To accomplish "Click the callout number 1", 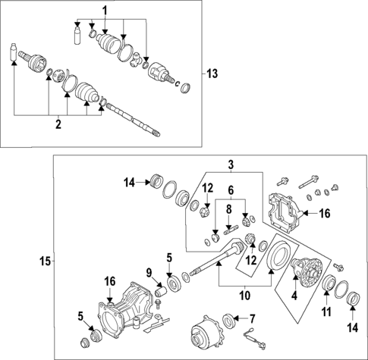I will [x=105, y=9].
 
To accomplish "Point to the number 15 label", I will [x=45, y=261].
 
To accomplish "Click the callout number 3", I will [x=231, y=164].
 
